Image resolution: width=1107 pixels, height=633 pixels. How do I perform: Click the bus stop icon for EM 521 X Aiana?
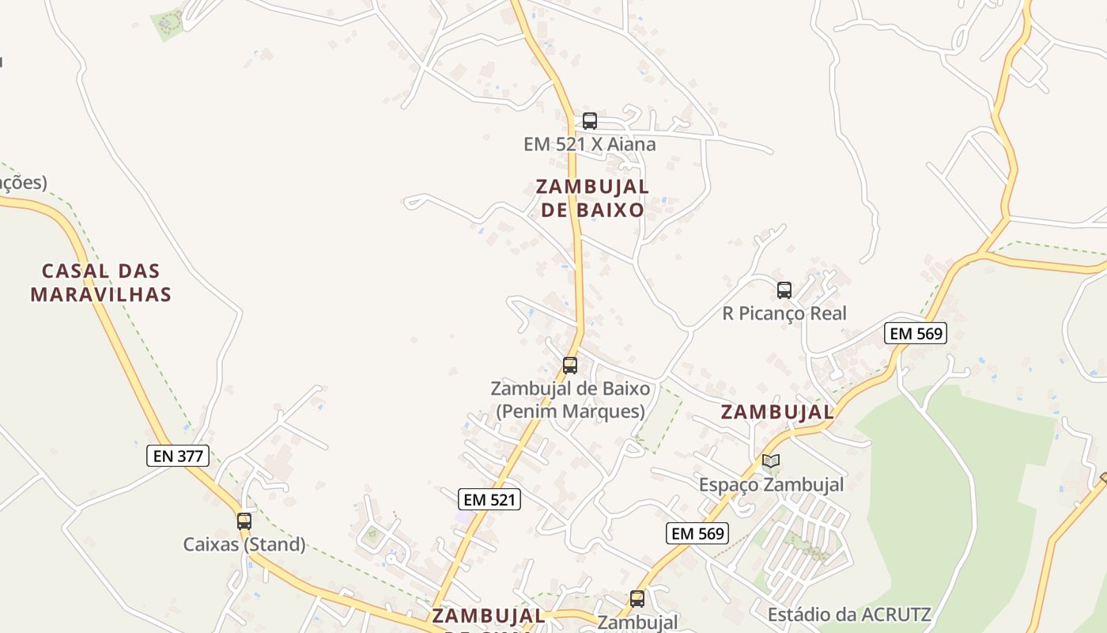[589, 121]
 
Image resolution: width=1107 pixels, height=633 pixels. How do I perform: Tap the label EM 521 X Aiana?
[589, 145]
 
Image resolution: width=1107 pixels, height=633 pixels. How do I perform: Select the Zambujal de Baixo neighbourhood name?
[592, 198]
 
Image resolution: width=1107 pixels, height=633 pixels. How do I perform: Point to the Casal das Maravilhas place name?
[100, 282]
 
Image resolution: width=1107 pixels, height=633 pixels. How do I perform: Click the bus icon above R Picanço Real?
[784, 290]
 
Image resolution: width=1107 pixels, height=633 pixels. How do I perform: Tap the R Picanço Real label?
[784, 313]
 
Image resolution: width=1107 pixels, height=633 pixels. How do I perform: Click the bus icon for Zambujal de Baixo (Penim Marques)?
[569, 366]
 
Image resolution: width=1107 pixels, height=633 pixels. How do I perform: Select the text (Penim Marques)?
[570, 411]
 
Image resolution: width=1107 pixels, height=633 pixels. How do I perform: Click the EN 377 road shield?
[178, 456]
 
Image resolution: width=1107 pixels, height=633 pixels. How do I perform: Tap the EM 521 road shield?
[489, 499]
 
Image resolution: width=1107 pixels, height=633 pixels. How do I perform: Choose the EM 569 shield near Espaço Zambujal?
[697, 533]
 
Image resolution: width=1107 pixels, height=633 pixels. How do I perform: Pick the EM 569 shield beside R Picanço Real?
[915, 333]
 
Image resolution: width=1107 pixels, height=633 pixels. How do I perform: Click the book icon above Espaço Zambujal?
[771, 461]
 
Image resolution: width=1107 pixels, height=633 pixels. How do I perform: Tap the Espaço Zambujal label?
[771, 484]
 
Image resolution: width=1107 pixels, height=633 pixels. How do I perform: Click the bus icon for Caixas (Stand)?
[244, 521]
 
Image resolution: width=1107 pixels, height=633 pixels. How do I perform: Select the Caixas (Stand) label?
[244, 544]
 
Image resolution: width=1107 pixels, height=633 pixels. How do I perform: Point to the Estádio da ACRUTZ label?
[848, 614]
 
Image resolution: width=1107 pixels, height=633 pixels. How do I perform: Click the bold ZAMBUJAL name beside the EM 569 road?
[777, 412]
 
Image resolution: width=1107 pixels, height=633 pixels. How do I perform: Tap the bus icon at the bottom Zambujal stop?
[637, 599]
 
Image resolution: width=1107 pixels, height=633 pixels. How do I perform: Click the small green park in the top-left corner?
[167, 24]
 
